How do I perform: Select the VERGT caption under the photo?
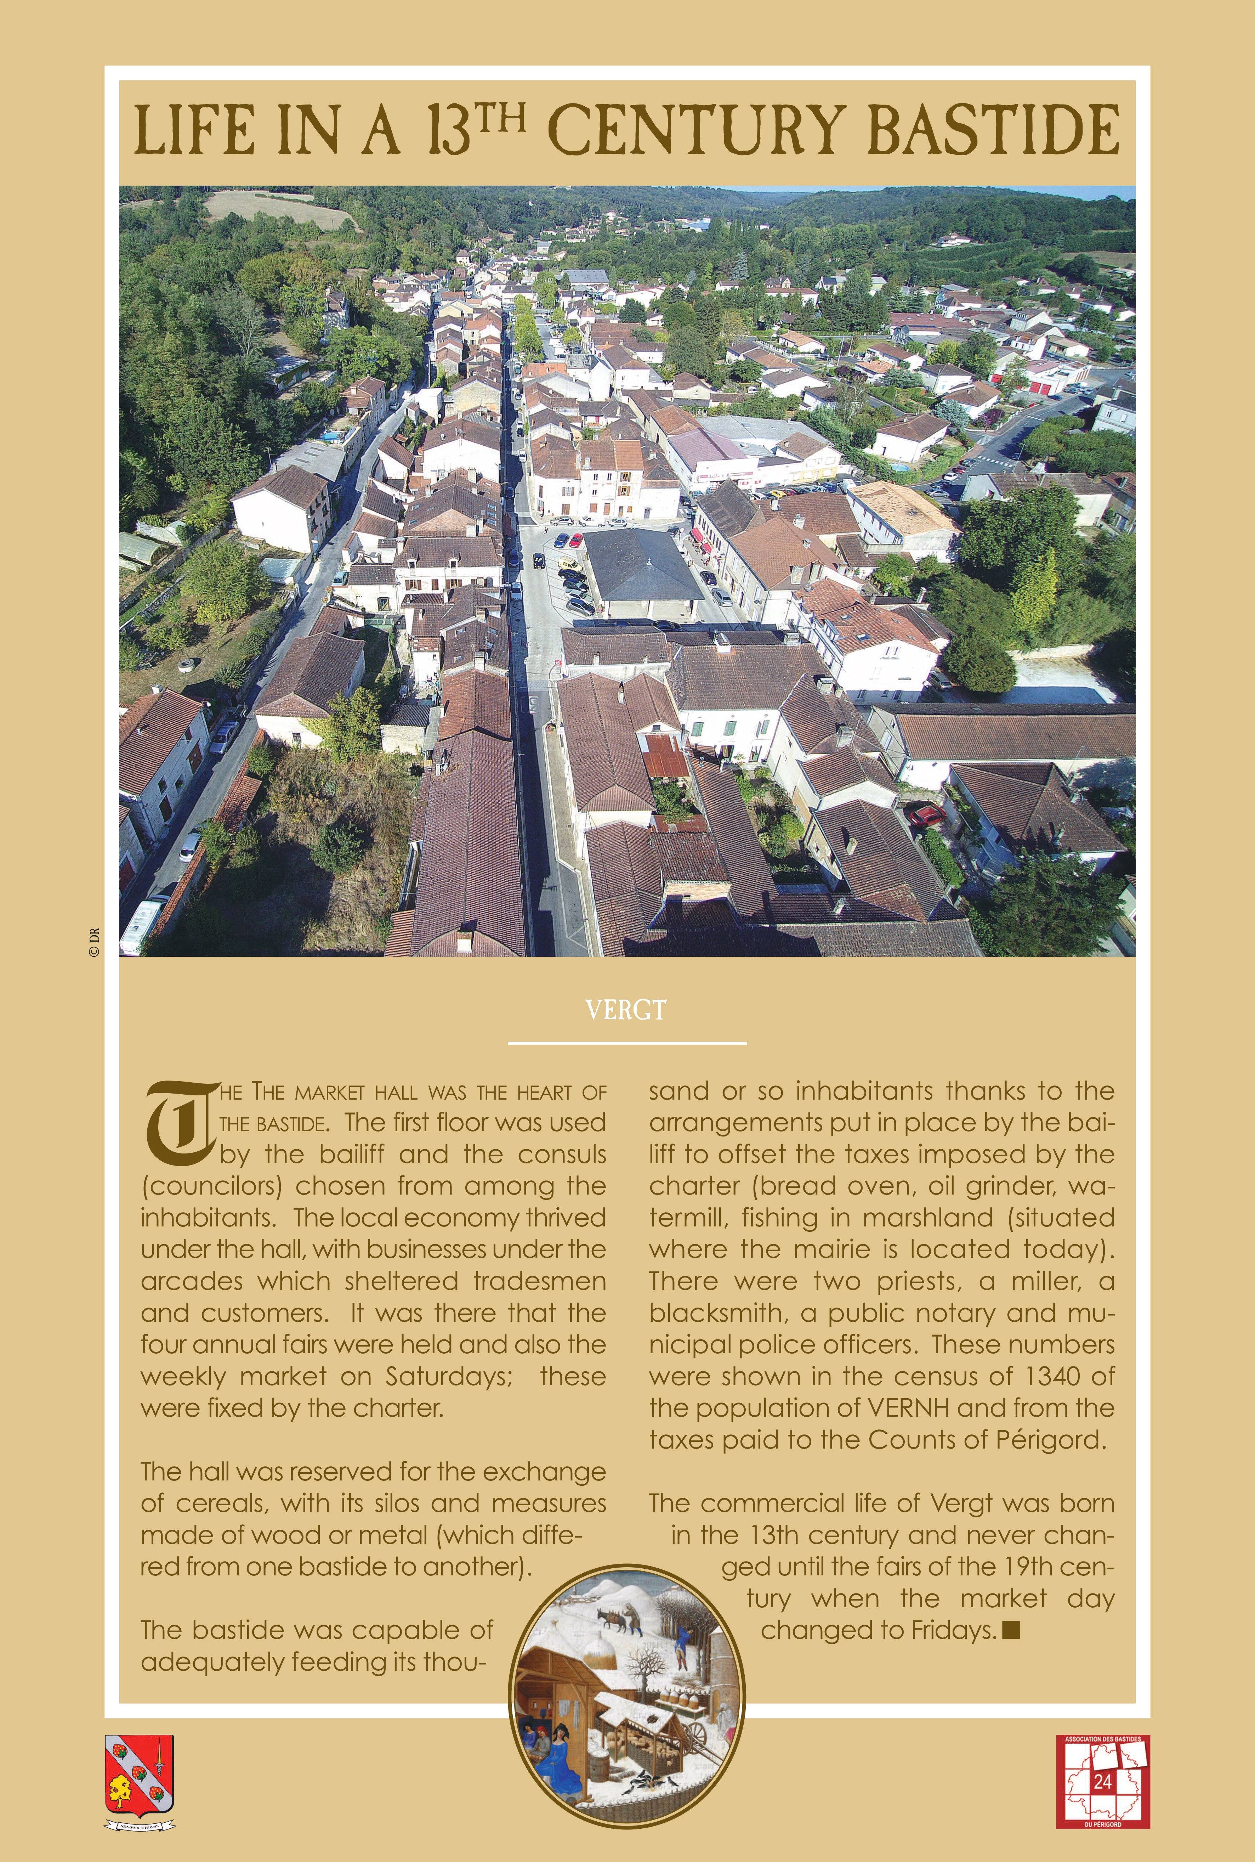pos(626,1010)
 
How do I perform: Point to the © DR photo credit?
pos(93,942)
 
